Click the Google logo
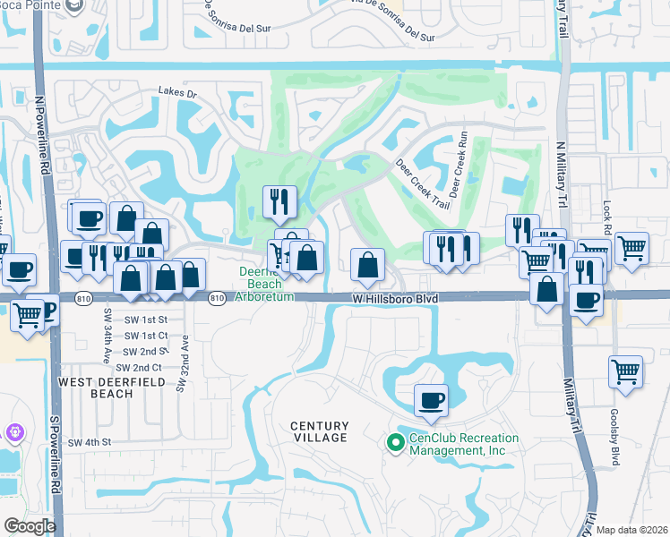tap(30, 526)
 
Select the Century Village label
tap(319, 431)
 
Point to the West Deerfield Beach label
tap(96, 388)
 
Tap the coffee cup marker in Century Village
tap(431, 399)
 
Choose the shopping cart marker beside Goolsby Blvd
tap(625, 371)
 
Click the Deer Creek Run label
tap(459, 166)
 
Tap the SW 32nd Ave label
tap(185, 362)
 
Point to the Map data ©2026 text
tap(631, 529)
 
